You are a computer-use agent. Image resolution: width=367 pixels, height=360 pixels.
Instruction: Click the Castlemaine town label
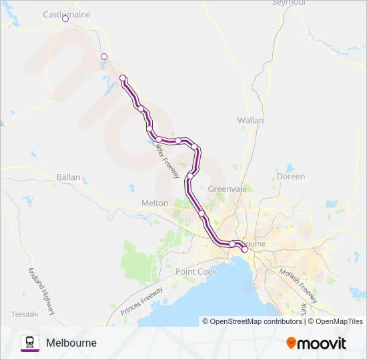point(66,13)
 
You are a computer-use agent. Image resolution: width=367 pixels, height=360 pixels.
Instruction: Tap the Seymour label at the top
point(289,3)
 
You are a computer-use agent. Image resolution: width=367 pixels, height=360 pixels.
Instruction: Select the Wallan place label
point(251,121)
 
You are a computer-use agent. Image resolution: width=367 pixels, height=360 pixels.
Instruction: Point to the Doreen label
point(291,177)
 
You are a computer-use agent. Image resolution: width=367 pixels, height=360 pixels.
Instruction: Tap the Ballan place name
point(69,178)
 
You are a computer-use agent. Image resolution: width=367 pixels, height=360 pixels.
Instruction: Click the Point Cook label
point(196,271)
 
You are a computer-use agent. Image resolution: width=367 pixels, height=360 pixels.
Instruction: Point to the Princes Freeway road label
point(142,301)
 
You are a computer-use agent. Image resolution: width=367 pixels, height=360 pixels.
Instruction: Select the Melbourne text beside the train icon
point(71,343)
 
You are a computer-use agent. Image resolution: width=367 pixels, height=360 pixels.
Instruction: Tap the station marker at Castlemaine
point(65,19)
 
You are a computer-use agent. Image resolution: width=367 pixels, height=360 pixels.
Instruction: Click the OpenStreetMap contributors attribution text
point(254,321)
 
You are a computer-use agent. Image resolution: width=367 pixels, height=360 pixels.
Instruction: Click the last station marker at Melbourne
point(244,249)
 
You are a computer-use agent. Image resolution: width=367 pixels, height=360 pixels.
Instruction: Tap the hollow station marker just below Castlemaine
point(103,57)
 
